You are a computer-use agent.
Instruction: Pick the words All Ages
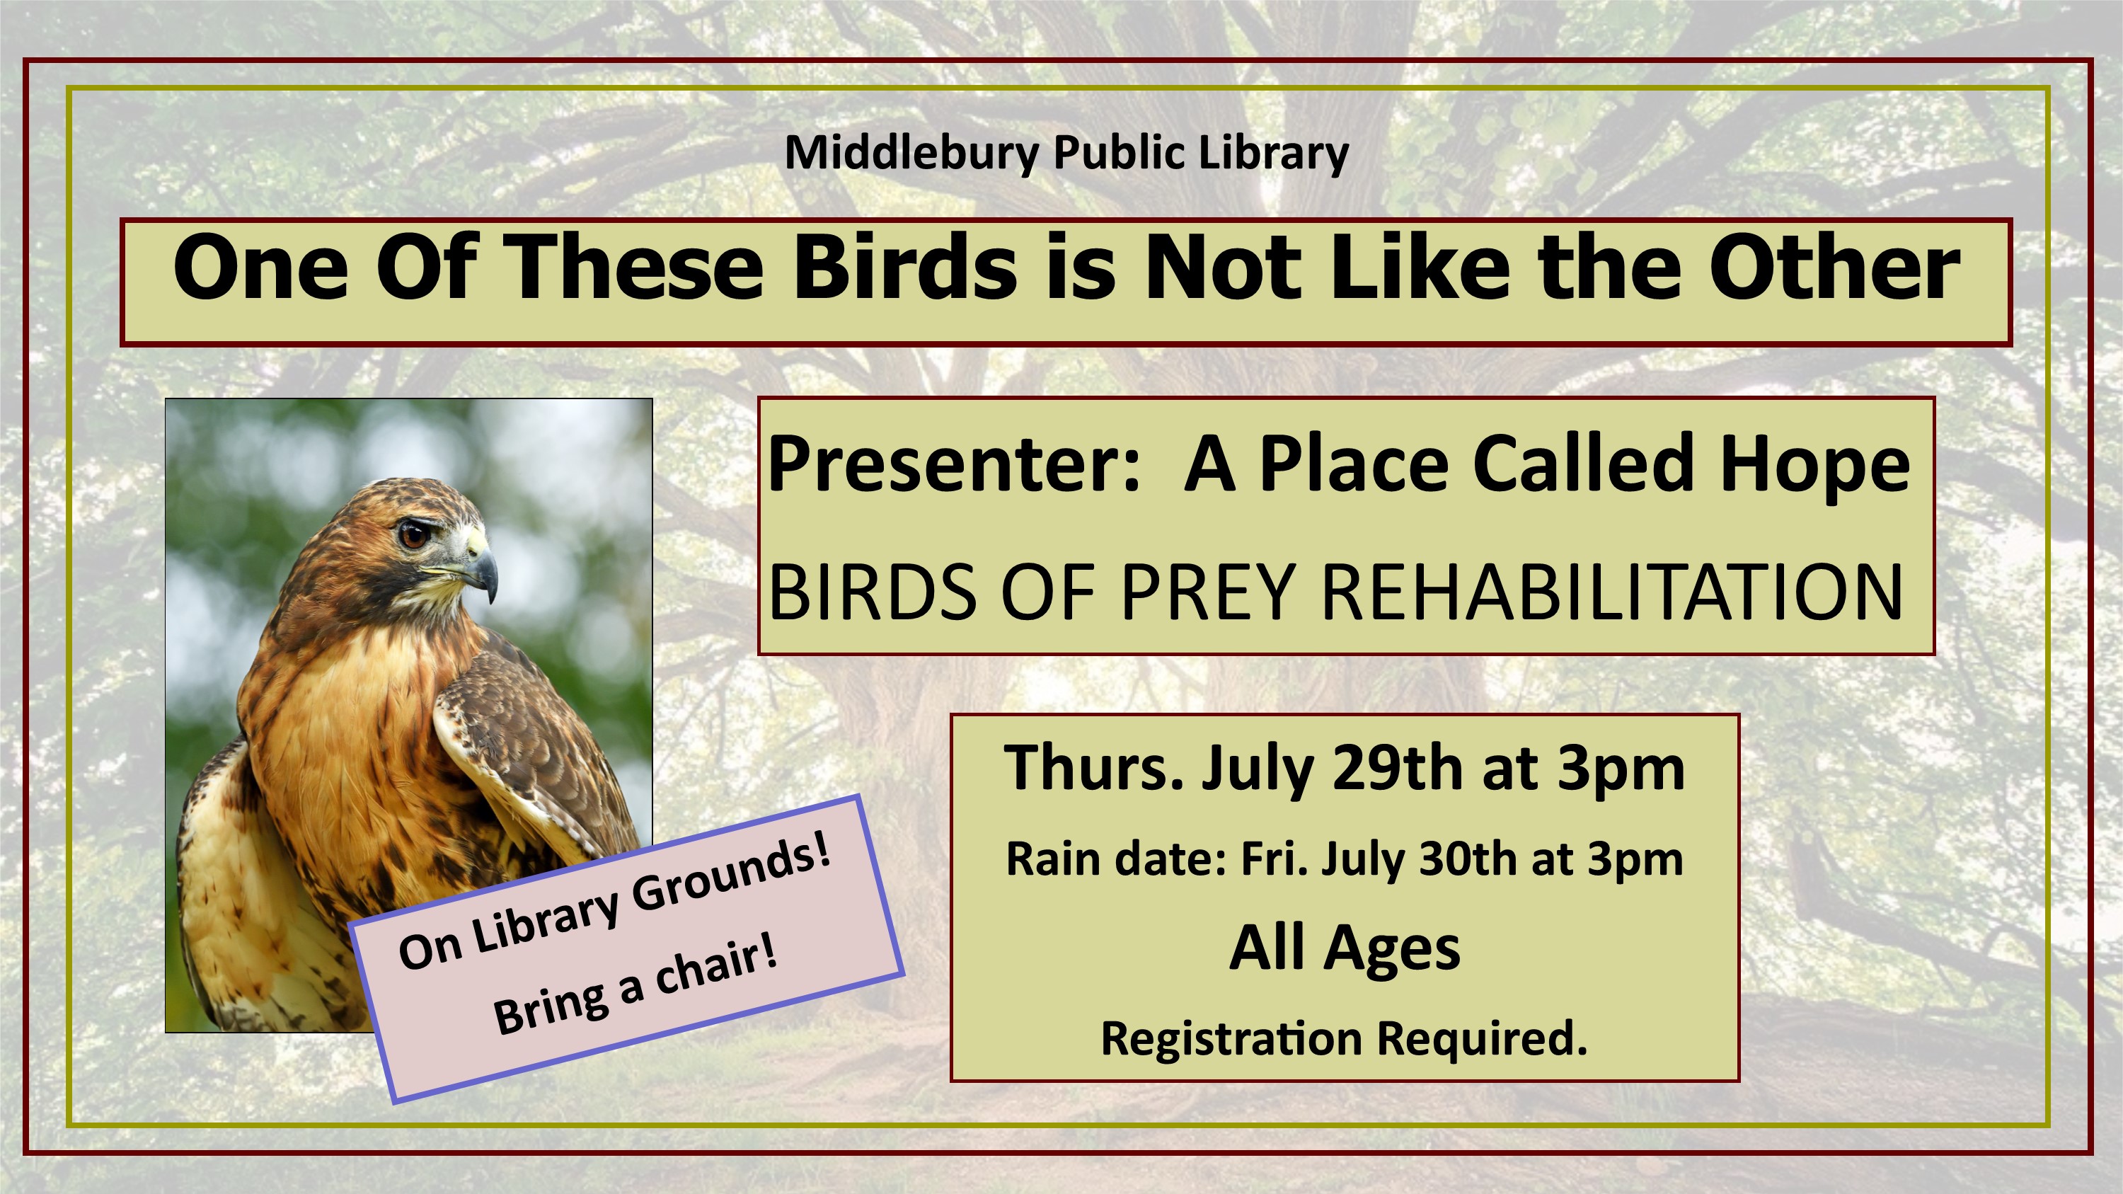[x=1344, y=949]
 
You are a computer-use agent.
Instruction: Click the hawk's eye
[x=414, y=534]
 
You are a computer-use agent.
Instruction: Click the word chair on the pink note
[x=714, y=968]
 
